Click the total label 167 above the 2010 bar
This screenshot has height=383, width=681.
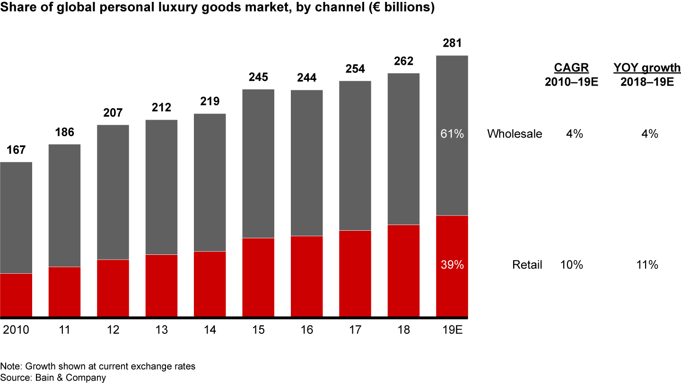click(x=16, y=150)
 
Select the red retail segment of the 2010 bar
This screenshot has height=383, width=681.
click(x=16, y=295)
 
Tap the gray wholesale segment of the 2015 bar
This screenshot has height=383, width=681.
click(x=258, y=163)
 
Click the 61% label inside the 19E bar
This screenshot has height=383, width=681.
click(x=452, y=134)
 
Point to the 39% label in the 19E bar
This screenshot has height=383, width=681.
click(x=452, y=265)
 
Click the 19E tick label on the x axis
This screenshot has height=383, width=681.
click(x=452, y=330)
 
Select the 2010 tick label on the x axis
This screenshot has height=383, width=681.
click(x=16, y=330)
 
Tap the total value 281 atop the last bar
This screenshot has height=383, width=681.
click(x=452, y=44)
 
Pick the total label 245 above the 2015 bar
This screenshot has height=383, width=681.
click(x=258, y=77)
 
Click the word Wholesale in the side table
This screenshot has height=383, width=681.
click(x=515, y=134)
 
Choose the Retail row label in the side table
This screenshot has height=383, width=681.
click(x=527, y=265)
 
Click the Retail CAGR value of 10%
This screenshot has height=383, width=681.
click(x=571, y=265)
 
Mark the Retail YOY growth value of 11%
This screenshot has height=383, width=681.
click(x=647, y=265)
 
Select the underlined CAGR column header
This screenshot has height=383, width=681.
click(x=571, y=68)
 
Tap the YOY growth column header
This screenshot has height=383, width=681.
click(x=647, y=68)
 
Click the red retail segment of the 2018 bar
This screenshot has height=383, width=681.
click(x=403, y=270)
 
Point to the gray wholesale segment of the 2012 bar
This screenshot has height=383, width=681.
click(x=113, y=192)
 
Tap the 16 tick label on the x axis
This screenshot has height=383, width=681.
click(x=306, y=330)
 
